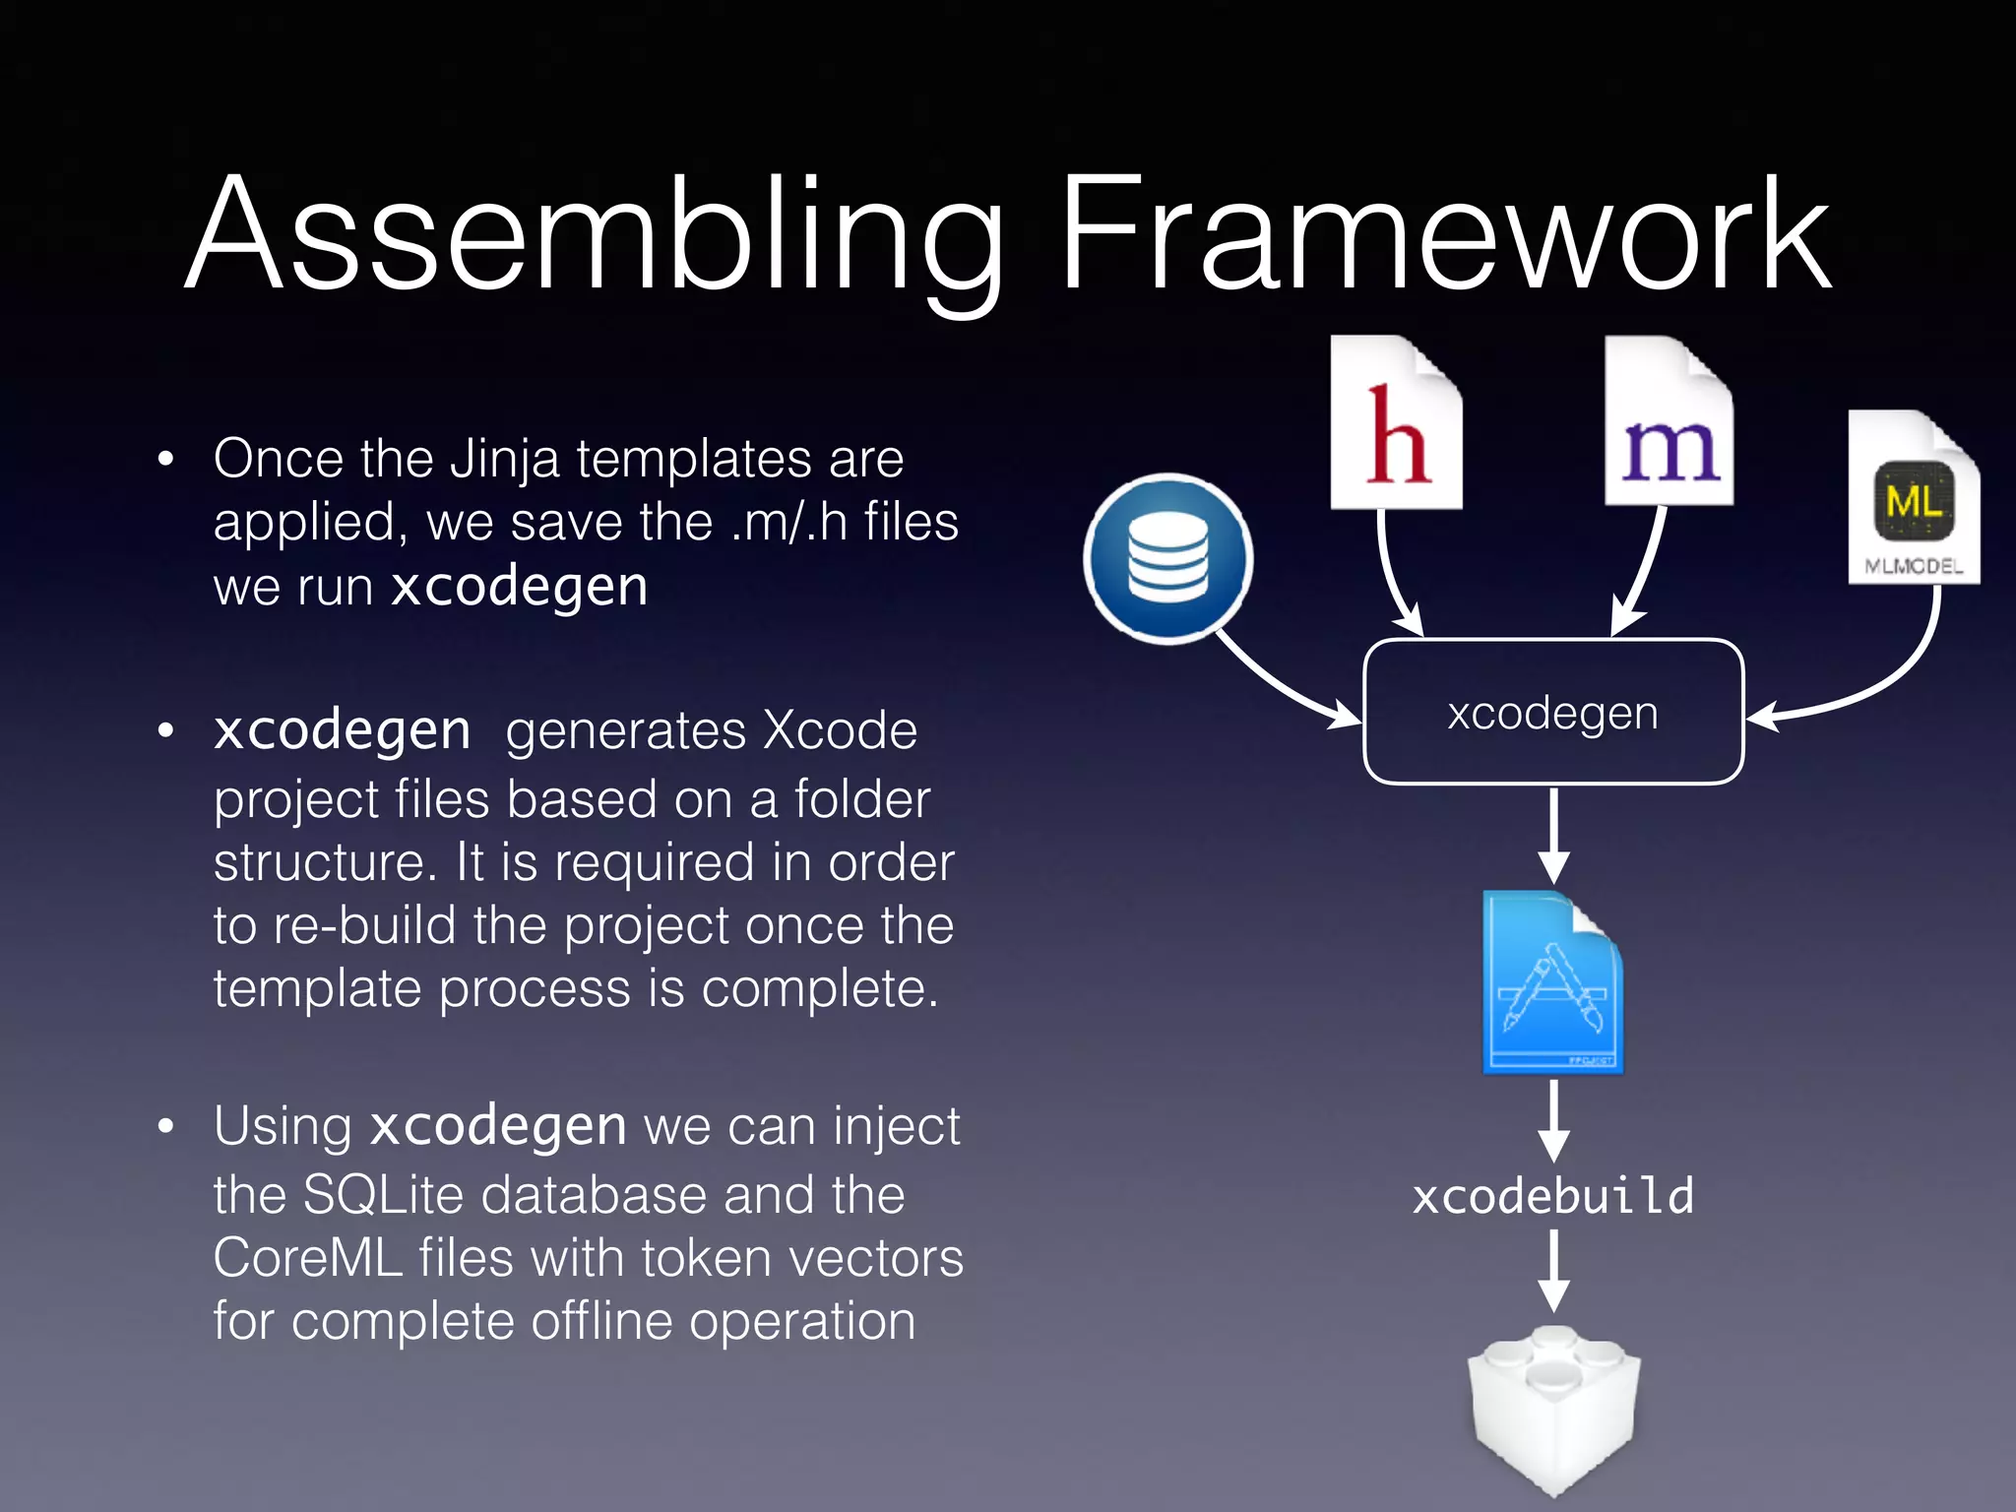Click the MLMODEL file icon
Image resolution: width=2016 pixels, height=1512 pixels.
[1913, 498]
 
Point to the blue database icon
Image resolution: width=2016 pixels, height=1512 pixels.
[1168, 558]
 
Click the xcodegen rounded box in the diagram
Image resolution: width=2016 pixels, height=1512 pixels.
[1552, 712]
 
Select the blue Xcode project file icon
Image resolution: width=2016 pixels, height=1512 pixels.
[1552, 982]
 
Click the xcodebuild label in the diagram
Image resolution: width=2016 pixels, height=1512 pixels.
[1552, 1196]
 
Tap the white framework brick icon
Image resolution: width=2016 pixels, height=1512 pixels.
[1552, 1408]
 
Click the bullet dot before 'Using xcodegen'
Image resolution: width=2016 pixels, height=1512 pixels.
[165, 1126]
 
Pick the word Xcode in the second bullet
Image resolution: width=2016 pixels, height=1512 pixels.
[839, 730]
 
